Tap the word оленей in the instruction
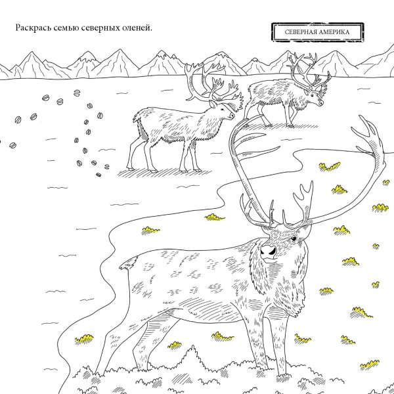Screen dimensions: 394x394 135,28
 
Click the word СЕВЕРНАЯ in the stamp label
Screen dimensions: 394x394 295,32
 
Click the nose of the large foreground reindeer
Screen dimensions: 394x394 268,251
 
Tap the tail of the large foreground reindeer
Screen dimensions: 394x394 129,264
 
